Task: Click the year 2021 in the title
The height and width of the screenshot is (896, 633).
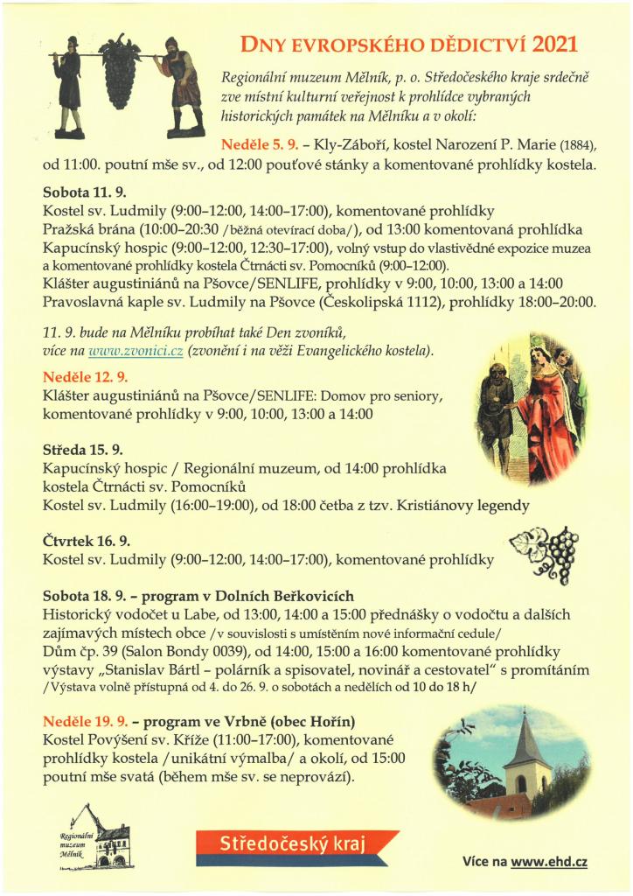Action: [x=553, y=45]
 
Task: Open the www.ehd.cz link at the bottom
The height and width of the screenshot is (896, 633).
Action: [x=548, y=861]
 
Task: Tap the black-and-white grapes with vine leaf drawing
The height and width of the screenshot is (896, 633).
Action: [x=545, y=554]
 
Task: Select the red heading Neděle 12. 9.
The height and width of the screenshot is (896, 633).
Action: [x=86, y=377]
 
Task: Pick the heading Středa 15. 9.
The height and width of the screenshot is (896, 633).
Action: [x=82, y=450]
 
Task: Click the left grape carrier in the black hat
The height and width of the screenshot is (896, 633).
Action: [x=69, y=87]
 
